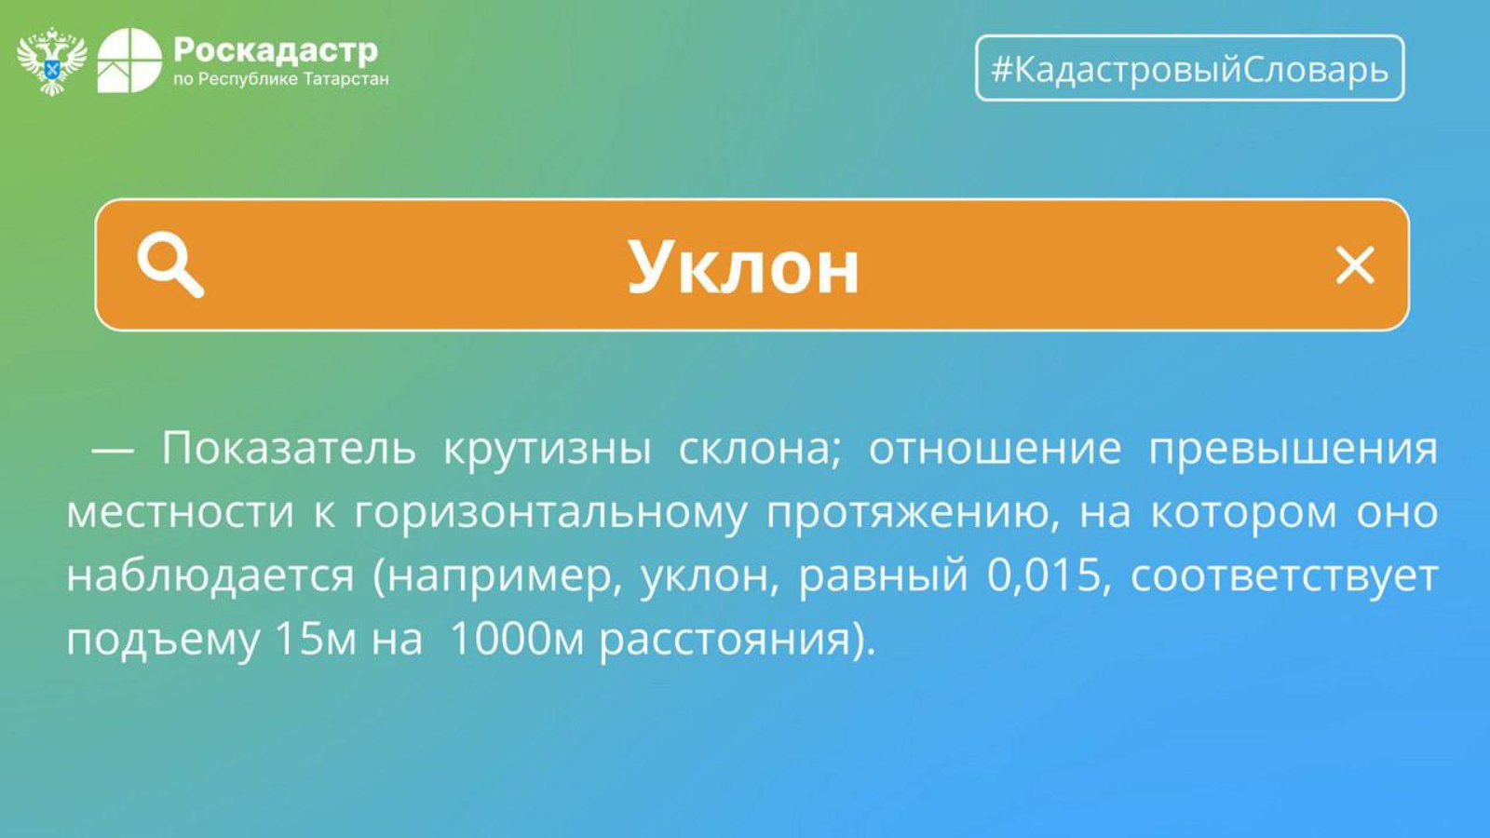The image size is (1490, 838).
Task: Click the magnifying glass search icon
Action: [170, 264]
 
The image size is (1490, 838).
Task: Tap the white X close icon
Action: [1355, 265]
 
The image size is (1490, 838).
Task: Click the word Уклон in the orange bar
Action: [744, 267]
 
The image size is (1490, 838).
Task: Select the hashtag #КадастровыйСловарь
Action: [1190, 69]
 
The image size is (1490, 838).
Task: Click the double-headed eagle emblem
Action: [52, 61]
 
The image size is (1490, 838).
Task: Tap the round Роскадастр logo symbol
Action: [129, 61]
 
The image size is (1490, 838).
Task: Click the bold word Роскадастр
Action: [276, 50]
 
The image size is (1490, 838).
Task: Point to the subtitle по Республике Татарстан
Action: [280, 79]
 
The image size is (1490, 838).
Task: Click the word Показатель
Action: [289, 448]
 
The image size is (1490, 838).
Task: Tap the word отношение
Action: [996, 449]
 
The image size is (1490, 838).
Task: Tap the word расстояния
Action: [725, 642]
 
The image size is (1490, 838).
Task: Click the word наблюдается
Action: [210, 575]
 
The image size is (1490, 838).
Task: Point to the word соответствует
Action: [1284, 577]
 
